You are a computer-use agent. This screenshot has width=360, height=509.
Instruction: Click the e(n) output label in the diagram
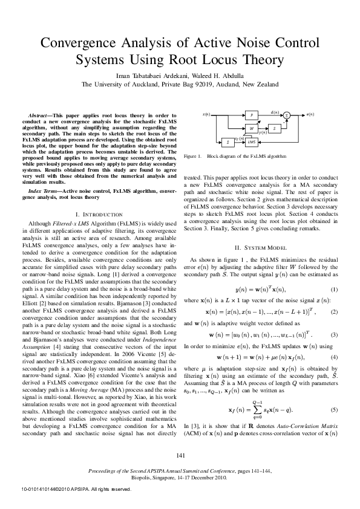pyautogui.click(x=310, y=114)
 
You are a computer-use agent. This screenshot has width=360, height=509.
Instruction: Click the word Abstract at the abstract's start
pyautogui.click(x=41, y=114)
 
